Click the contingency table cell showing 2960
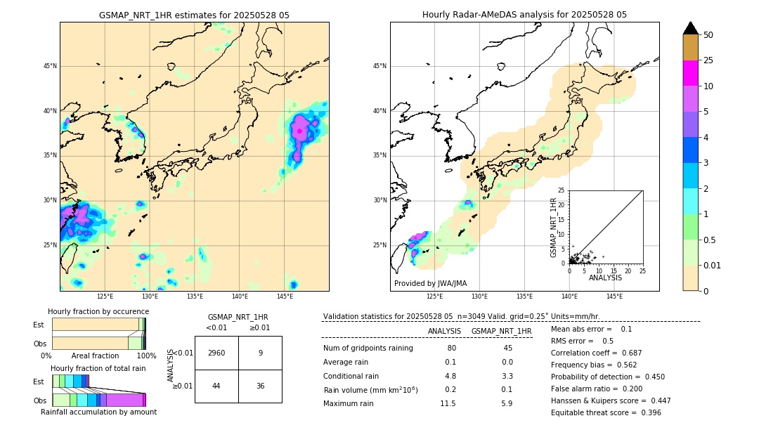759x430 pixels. pos(216,353)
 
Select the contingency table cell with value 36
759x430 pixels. pos(260,386)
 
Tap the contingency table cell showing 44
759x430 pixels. pos(216,386)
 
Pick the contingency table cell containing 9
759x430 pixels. pos(260,353)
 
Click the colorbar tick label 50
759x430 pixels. pos(708,35)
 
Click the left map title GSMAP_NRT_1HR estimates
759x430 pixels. pos(194,15)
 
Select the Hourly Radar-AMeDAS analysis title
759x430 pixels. pos(524,15)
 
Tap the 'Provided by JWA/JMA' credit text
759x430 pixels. pos(430,283)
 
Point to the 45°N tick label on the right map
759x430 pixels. pos(379,66)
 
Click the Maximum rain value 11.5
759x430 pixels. pos(448,403)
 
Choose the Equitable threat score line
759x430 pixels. pos(606,412)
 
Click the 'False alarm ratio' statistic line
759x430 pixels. pos(596,389)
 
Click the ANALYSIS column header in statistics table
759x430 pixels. pos(444,331)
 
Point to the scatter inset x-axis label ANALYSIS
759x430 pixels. pos(605,278)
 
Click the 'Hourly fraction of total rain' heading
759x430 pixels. pos(98,369)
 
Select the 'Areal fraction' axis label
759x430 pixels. pos(96,356)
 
